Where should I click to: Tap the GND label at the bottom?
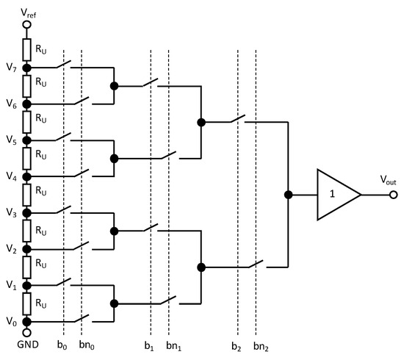pos(27,344)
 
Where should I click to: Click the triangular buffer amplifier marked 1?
pos(334,195)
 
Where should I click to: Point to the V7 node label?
pos(10,68)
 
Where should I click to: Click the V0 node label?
pos(10,321)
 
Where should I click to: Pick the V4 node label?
pos(10,176)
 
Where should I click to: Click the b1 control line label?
pos(151,344)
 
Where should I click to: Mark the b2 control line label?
pos(237,344)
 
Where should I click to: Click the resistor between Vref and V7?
pos(27,48)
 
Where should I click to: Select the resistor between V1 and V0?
pos(27,303)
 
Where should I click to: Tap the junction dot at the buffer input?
pos(288,195)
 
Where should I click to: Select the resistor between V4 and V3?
pos(27,194)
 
